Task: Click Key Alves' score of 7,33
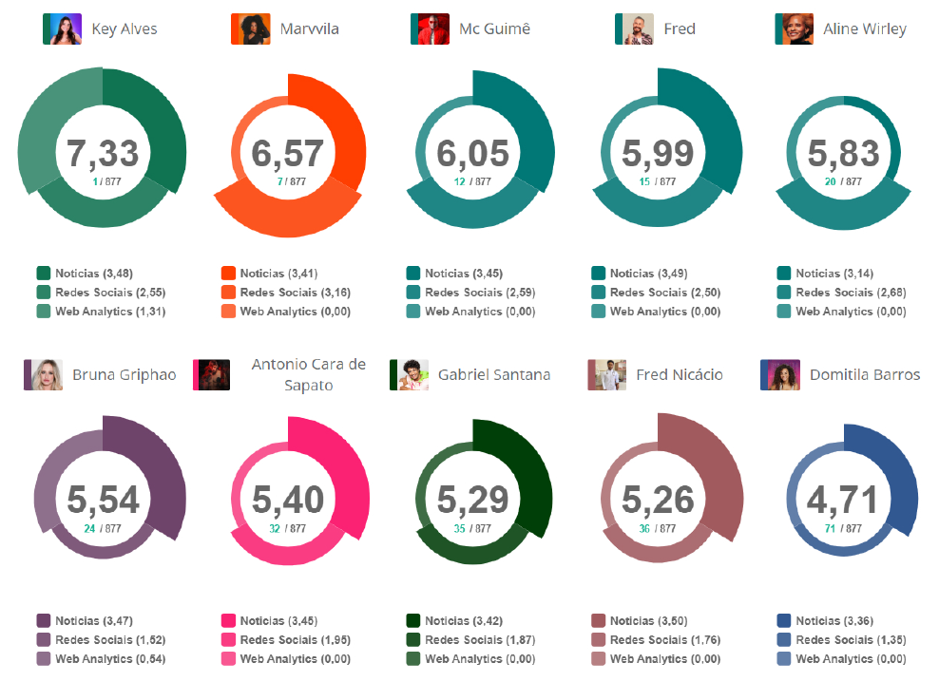coord(103,153)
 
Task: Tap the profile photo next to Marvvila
coord(250,29)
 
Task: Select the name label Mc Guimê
coord(494,29)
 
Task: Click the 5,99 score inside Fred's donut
coord(658,153)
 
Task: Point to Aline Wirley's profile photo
coord(795,29)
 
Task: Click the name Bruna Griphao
coord(125,375)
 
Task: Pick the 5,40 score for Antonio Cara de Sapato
coord(288,500)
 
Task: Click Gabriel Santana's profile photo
coord(410,375)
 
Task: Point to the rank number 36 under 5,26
coord(644,529)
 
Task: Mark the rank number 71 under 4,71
coord(830,529)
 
